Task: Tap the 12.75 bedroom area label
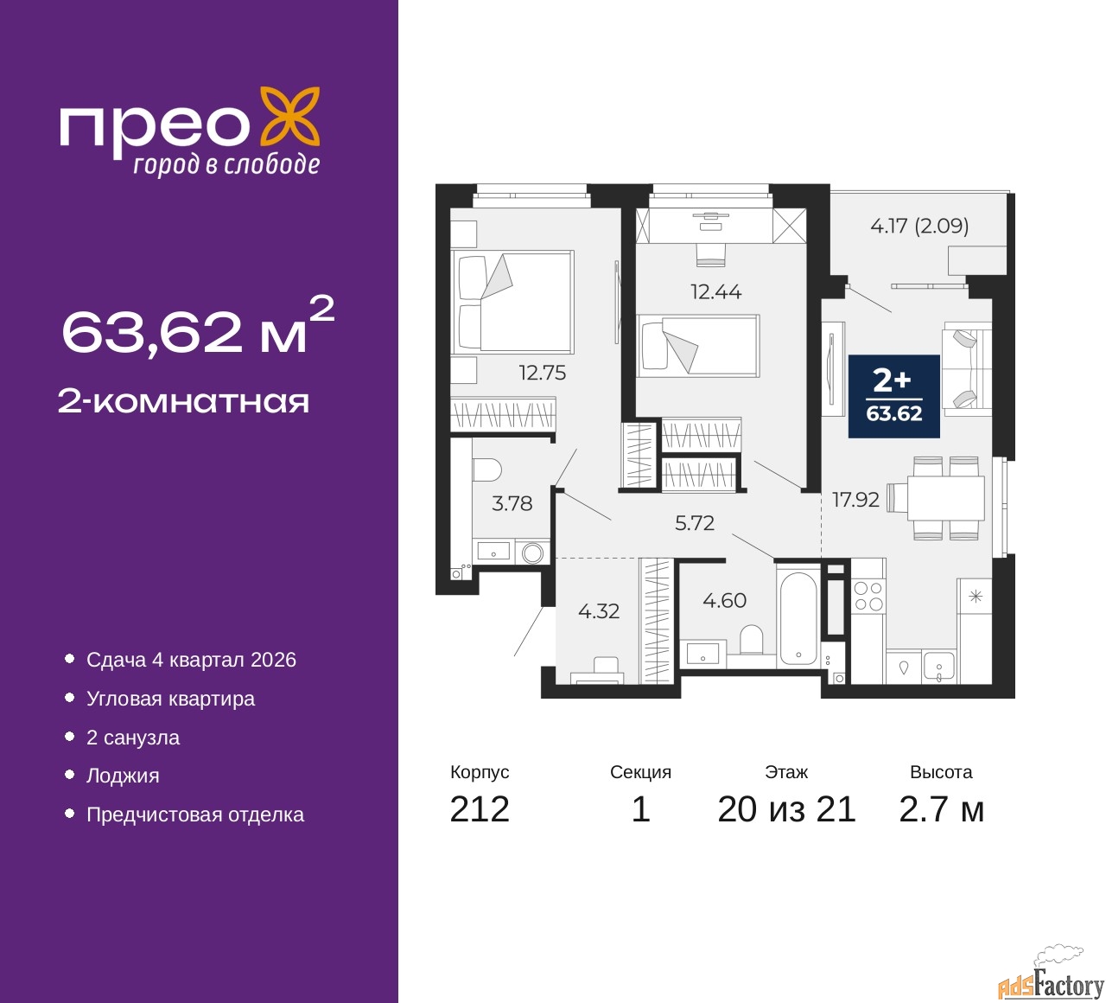pos(542,373)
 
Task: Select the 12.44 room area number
pos(715,291)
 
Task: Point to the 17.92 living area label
pos(855,500)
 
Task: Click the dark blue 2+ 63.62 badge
pos(893,396)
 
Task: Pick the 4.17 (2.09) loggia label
pos(919,226)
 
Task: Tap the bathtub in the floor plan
pos(798,620)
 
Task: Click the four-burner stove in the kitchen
pos(868,597)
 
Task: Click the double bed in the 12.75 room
pos(512,302)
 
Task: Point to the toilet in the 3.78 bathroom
pos(487,470)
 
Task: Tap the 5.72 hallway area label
pos(695,522)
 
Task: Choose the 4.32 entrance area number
pos(598,611)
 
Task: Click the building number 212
pos(479,809)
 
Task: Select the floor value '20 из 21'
pos(786,809)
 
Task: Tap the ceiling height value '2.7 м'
pos(941,809)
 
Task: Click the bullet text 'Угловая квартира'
pos(170,699)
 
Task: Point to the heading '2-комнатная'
pos(183,402)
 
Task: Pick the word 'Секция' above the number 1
pos(640,772)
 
